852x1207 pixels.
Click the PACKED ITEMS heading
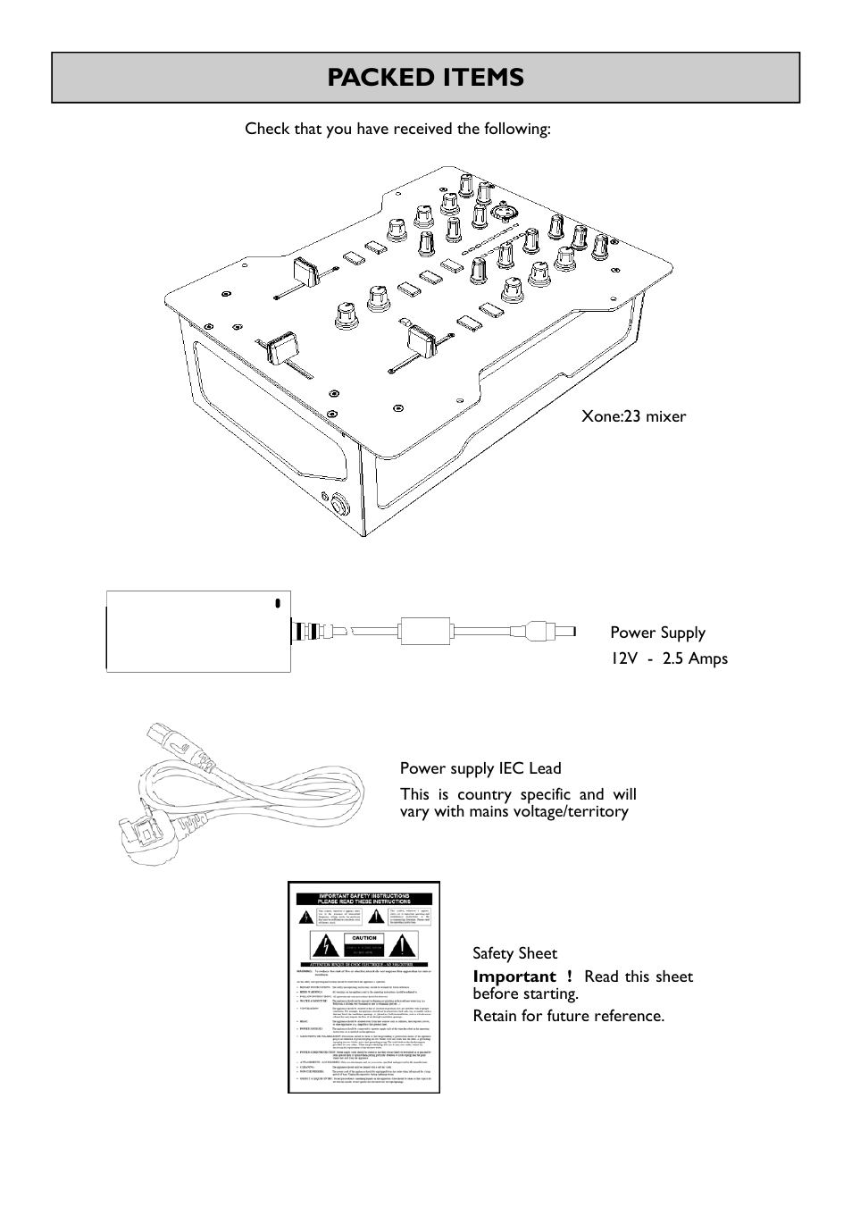pyautogui.click(x=425, y=78)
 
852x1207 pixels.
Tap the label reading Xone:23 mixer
pyautogui.click(x=634, y=416)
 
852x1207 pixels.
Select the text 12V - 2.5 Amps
pyautogui.click(x=669, y=658)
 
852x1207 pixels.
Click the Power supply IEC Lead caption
pyautogui.click(x=480, y=768)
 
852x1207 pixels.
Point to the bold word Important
pyautogui.click(x=514, y=976)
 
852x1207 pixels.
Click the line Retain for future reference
pyautogui.click(x=569, y=1016)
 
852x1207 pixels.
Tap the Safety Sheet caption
pyautogui.click(x=514, y=953)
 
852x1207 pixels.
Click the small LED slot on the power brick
pyautogui.click(x=277, y=602)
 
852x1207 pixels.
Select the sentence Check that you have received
pyautogui.click(x=397, y=129)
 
